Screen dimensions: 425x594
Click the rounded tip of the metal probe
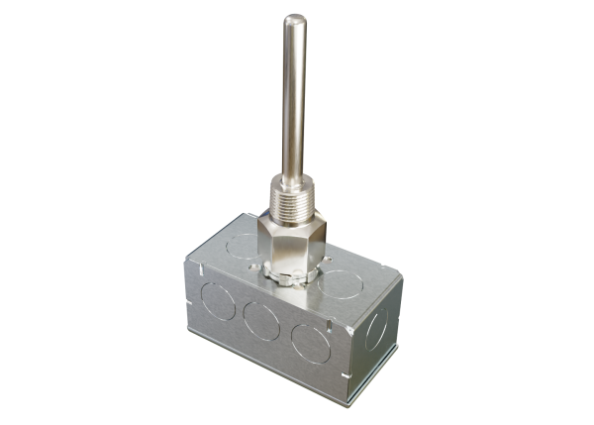(x=294, y=19)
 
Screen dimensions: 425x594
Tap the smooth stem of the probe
(x=294, y=99)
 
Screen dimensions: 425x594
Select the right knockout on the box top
(x=343, y=282)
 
